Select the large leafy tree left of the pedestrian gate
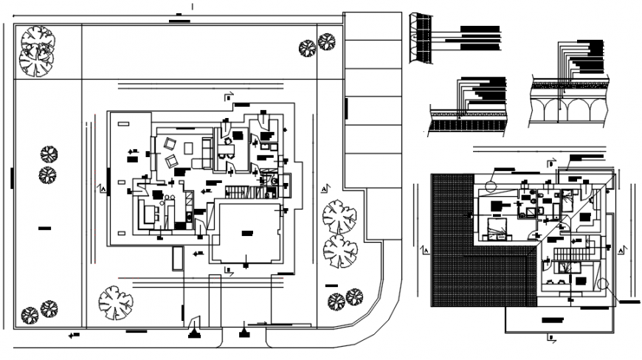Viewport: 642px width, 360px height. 115,302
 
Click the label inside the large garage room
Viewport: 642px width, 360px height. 246,232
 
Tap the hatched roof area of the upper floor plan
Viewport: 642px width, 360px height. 472,280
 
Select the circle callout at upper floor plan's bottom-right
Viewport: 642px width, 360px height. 604,283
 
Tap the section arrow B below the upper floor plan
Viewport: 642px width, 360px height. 550,338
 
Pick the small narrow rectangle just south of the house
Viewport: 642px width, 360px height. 177,258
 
